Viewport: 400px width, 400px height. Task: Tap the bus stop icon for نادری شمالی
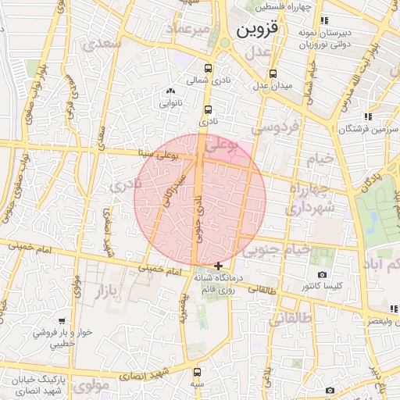click(208, 67)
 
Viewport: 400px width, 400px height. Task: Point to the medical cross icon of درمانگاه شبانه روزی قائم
click(217, 266)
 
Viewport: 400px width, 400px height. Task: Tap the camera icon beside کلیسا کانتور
click(322, 275)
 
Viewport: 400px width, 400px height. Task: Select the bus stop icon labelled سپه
click(196, 372)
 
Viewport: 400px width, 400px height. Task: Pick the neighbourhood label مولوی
click(92, 384)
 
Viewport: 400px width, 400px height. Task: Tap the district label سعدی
click(106, 44)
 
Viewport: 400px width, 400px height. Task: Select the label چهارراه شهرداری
click(311, 200)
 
